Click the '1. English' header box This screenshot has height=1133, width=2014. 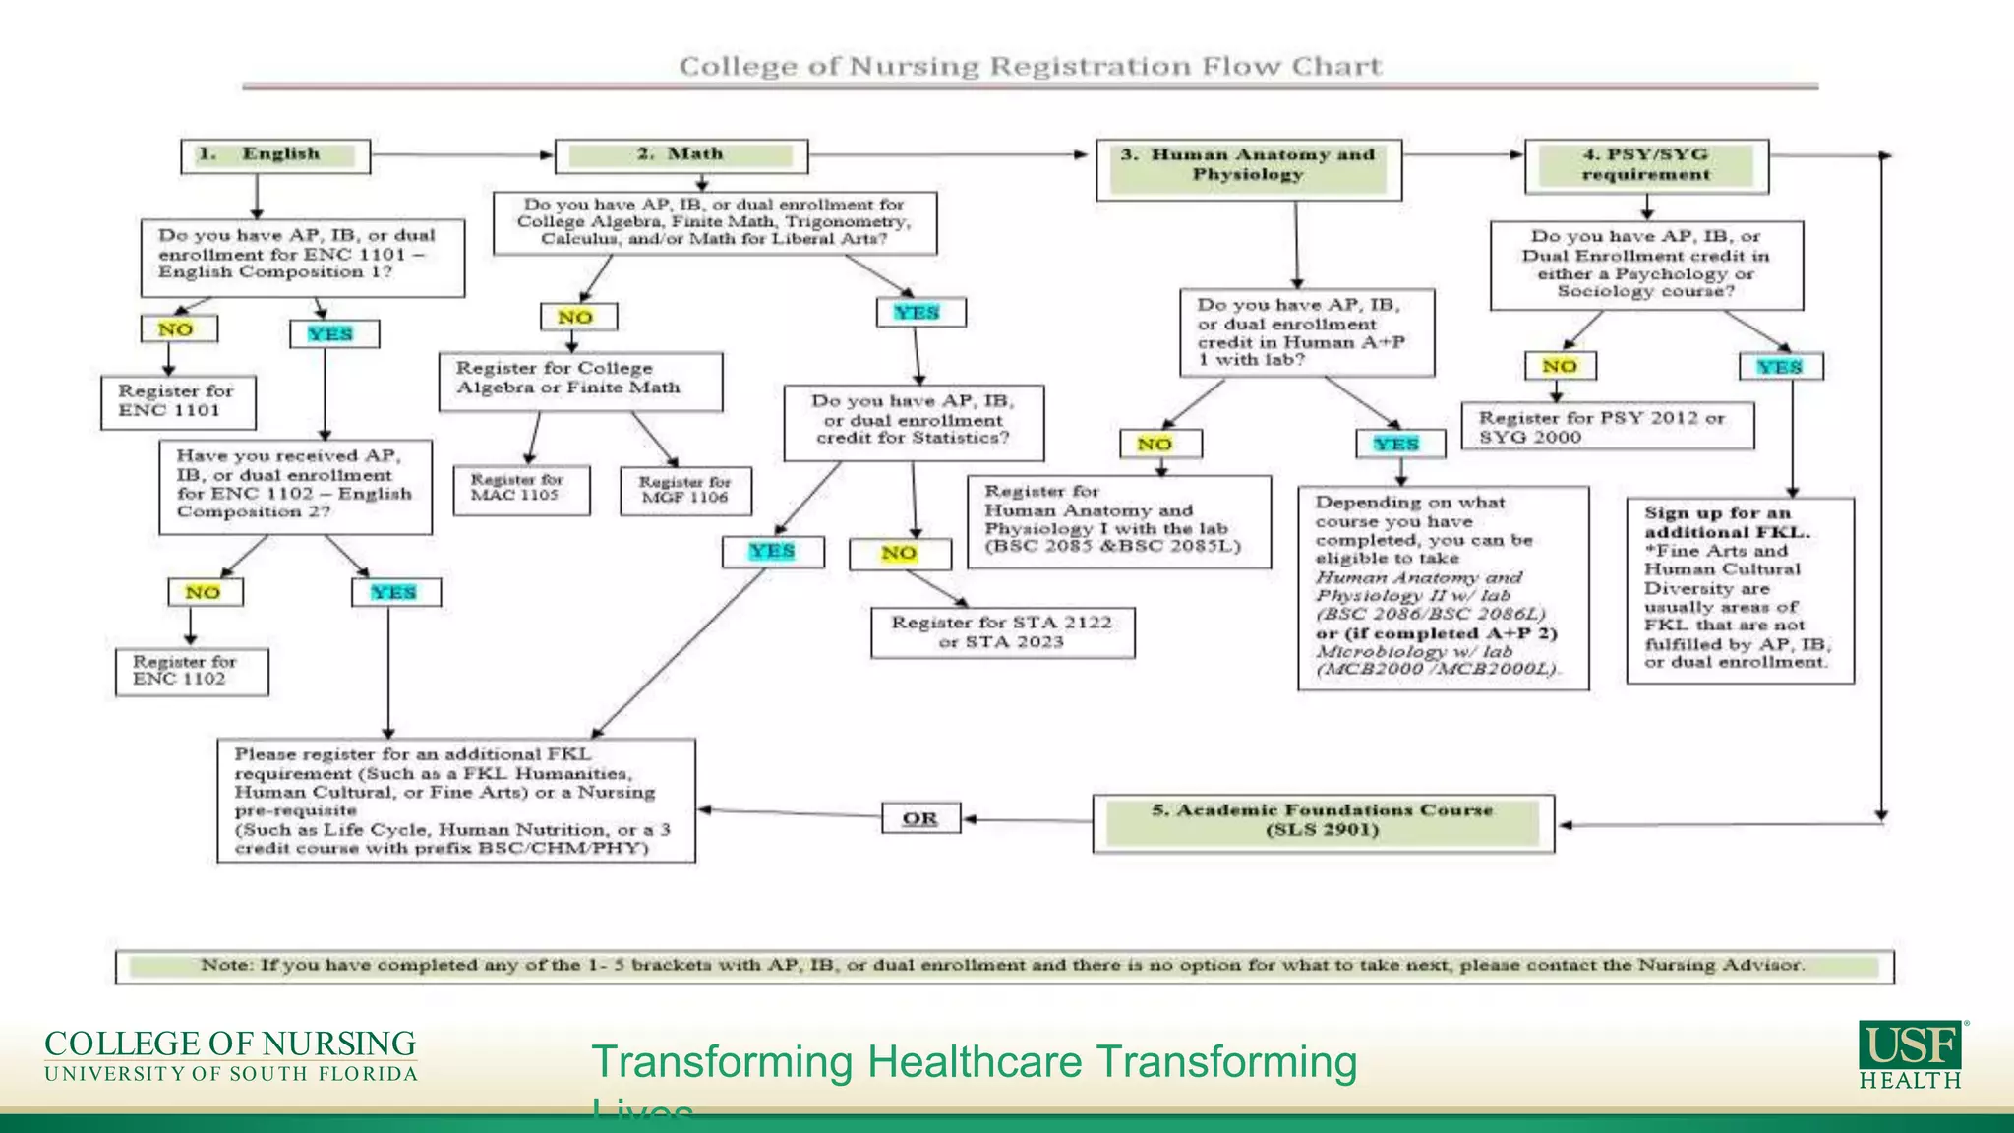(275, 155)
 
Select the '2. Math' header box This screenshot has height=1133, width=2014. (681, 155)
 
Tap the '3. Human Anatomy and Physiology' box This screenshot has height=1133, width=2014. (1248, 168)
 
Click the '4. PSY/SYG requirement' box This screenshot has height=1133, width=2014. (1646, 165)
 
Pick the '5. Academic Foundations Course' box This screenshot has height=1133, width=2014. (1323, 822)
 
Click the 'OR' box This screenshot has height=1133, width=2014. (920, 818)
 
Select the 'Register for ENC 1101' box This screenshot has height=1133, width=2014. (178, 401)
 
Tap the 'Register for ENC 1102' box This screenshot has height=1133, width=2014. (191, 672)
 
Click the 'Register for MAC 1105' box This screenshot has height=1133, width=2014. (521, 489)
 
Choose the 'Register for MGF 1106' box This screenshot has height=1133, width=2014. (685, 490)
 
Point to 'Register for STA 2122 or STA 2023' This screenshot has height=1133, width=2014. (1002, 632)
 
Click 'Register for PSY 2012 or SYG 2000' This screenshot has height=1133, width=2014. (1607, 427)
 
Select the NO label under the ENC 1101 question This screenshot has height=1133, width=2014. (177, 329)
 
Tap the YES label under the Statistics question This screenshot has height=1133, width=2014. (773, 552)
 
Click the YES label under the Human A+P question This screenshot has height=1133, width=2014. (1398, 445)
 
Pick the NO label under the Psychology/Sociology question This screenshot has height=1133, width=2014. (1560, 366)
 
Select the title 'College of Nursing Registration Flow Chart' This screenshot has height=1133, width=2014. (1030, 67)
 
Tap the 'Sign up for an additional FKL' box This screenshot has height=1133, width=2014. (1740, 589)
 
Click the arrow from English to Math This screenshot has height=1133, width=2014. (462, 155)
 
